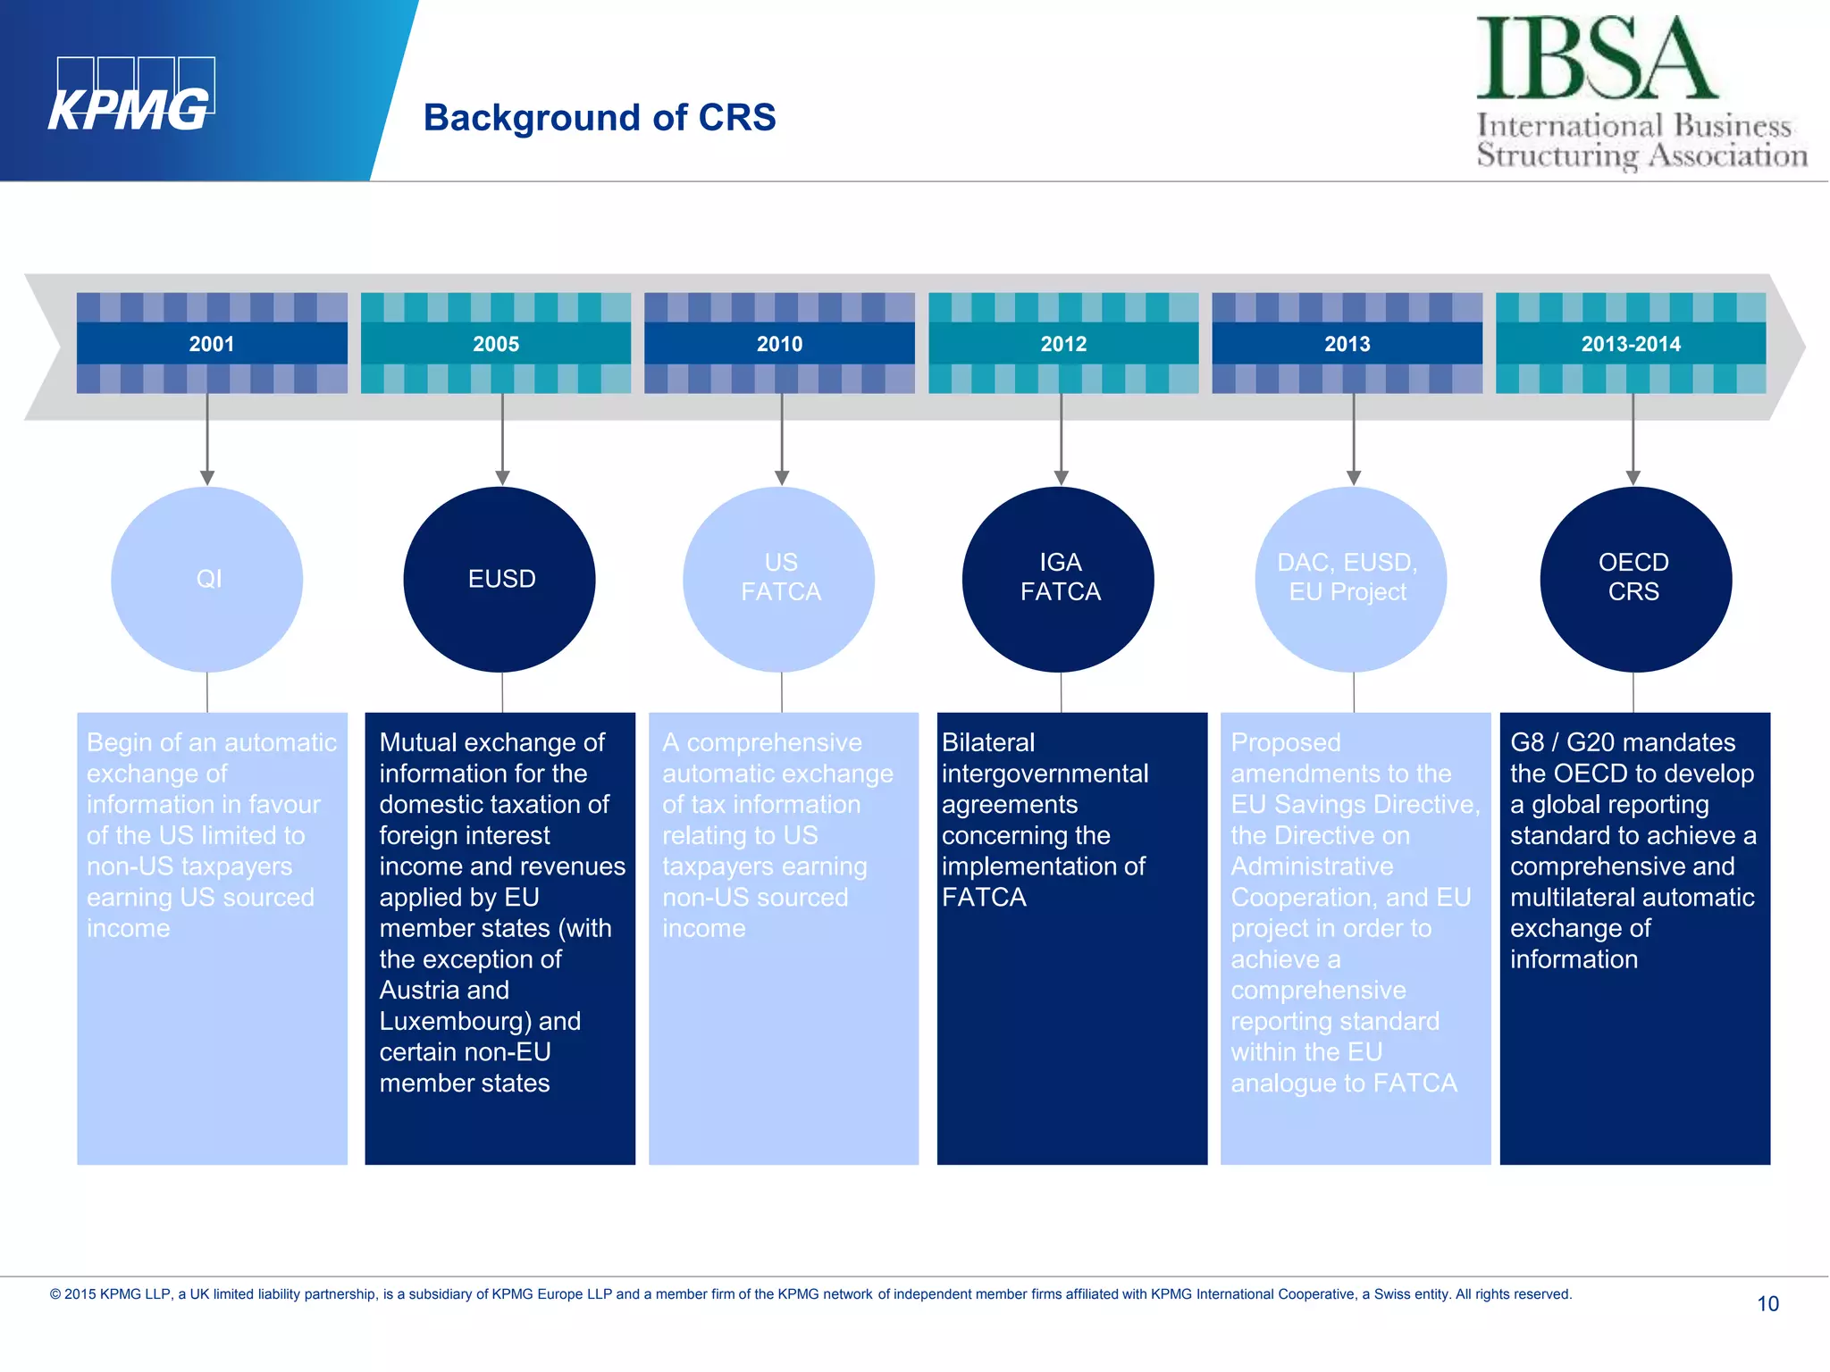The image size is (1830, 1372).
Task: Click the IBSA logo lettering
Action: pyautogui.click(x=1596, y=59)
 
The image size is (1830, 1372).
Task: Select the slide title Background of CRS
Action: pyautogui.click(x=600, y=118)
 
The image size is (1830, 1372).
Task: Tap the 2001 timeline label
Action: pyautogui.click(x=212, y=344)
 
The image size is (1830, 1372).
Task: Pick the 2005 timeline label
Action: pyautogui.click(x=496, y=344)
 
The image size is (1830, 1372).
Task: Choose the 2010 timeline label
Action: pyautogui.click(x=779, y=344)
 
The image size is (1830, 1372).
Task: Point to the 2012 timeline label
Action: pyautogui.click(x=1063, y=344)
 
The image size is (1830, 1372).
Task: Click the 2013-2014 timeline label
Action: pyautogui.click(x=1631, y=344)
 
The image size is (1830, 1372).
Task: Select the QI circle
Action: pyautogui.click(x=207, y=579)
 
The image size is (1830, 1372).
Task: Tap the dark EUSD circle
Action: pyautogui.click(x=500, y=579)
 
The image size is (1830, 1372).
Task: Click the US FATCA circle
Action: pyautogui.click(x=779, y=579)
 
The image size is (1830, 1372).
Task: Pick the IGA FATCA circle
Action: pyautogui.click(x=1059, y=579)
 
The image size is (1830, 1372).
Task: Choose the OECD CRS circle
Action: pyautogui.click(x=1634, y=579)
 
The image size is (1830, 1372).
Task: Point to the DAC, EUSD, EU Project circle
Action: pyautogui.click(x=1350, y=579)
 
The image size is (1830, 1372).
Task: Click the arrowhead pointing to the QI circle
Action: pyautogui.click(x=207, y=478)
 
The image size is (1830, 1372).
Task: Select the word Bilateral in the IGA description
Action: pyautogui.click(x=988, y=742)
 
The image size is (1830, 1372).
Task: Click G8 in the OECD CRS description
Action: pyautogui.click(x=1526, y=742)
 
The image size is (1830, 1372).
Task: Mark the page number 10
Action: pyautogui.click(x=1767, y=1304)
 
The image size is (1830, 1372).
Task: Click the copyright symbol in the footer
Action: pyautogui.click(x=55, y=1294)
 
